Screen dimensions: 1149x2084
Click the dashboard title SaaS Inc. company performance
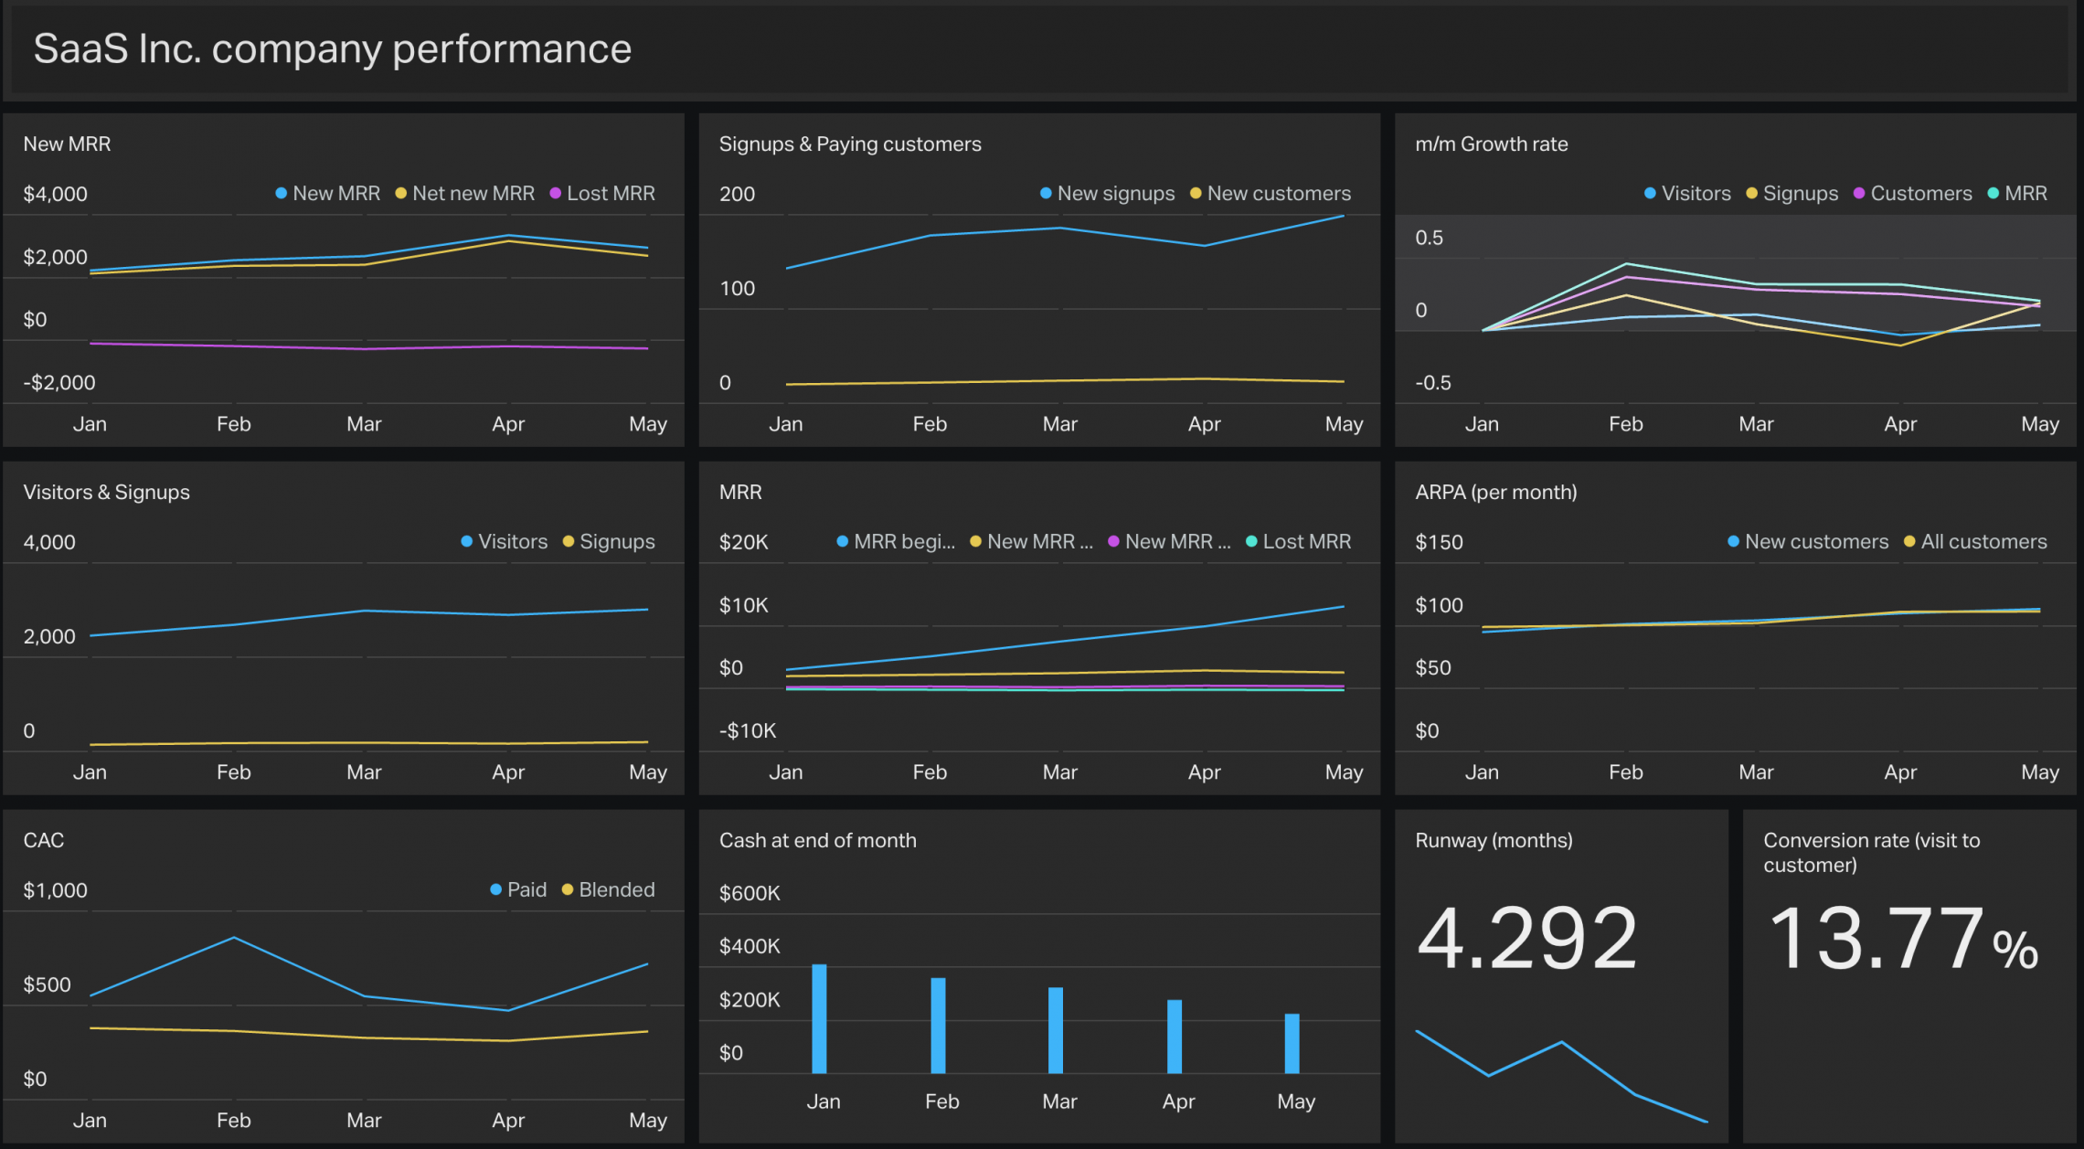332,48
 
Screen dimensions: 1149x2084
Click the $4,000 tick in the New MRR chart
55,194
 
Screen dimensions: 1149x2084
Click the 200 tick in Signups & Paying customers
737,194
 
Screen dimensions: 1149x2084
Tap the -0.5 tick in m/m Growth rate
1432,382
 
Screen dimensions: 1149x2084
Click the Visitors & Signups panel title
106,492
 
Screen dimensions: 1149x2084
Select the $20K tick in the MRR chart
743,542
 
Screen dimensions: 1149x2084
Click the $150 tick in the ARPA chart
1439,542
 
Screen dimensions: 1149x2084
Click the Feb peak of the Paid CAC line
234,938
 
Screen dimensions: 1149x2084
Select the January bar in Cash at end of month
819,1018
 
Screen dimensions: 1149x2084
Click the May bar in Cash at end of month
1292,1043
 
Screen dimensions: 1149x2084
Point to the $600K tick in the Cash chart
749,893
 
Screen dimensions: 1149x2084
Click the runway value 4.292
1526,938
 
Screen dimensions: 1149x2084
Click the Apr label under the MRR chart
1204,772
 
